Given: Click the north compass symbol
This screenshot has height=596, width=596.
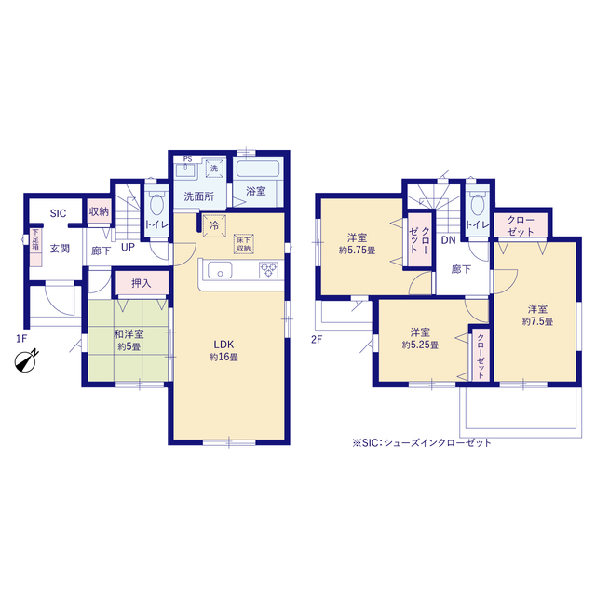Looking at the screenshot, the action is pyautogui.click(x=26, y=361).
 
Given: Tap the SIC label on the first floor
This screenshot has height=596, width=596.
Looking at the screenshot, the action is pyautogui.click(x=58, y=213).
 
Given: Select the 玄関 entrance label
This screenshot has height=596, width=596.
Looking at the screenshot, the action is pyautogui.click(x=60, y=249).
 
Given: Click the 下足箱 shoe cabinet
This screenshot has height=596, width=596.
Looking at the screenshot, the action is pyautogui.click(x=35, y=247).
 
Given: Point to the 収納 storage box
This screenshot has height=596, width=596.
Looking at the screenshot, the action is pyautogui.click(x=100, y=211).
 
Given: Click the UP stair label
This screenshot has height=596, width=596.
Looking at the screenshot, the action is pyautogui.click(x=128, y=247).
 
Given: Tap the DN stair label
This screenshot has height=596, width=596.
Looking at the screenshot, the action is pyautogui.click(x=449, y=240).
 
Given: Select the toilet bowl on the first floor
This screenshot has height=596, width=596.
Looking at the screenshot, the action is pyautogui.click(x=156, y=203).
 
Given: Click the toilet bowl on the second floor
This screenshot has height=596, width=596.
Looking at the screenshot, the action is pyautogui.click(x=478, y=204).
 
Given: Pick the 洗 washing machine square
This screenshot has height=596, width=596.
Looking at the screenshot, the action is pyautogui.click(x=214, y=169).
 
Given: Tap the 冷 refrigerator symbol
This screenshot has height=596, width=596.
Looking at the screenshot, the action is pyautogui.click(x=214, y=225).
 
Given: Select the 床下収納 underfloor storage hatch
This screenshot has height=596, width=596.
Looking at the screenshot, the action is pyautogui.click(x=244, y=244).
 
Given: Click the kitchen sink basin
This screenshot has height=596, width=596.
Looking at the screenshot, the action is pyautogui.click(x=220, y=271).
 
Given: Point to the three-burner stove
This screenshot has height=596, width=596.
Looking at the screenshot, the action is pyautogui.click(x=269, y=270).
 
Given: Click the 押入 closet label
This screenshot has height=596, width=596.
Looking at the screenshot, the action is pyautogui.click(x=142, y=283).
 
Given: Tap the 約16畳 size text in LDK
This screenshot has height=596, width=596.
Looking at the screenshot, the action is pyautogui.click(x=223, y=358).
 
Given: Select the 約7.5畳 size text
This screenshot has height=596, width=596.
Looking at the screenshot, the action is pyautogui.click(x=537, y=321).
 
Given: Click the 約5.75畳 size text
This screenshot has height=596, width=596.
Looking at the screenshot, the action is pyautogui.click(x=358, y=251).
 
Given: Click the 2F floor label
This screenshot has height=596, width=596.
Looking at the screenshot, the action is pyautogui.click(x=317, y=339).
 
